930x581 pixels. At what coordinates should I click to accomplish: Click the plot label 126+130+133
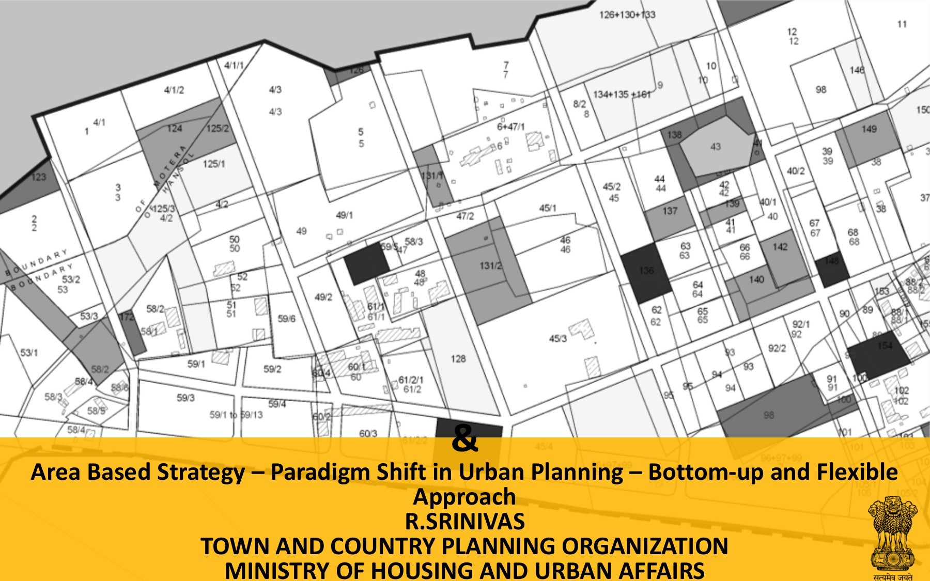(627, 14)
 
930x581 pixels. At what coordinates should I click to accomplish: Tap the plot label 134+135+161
(622, 95)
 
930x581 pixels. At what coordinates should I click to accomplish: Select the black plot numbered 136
(646, 271)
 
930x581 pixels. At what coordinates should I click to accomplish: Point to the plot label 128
(458, 358)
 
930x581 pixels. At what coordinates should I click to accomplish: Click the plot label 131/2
(490, 266)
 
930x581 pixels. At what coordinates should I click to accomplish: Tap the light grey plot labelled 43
(716, 146)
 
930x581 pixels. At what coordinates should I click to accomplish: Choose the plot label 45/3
(557, 339)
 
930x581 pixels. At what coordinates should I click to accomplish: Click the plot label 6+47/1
(510, 127)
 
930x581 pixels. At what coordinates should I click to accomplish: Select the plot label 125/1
(214, 164)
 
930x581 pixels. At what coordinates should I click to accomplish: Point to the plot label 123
(39, 177)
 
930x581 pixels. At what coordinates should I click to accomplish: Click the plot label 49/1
(344, 215)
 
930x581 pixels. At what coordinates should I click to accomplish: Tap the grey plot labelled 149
(869, 129)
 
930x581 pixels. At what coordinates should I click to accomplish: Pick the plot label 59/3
(185, 398)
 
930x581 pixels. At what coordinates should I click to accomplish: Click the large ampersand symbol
(464, 440)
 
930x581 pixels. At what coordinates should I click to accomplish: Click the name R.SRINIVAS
(464, 522)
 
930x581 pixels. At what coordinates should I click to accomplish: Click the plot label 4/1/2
(174, 90)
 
